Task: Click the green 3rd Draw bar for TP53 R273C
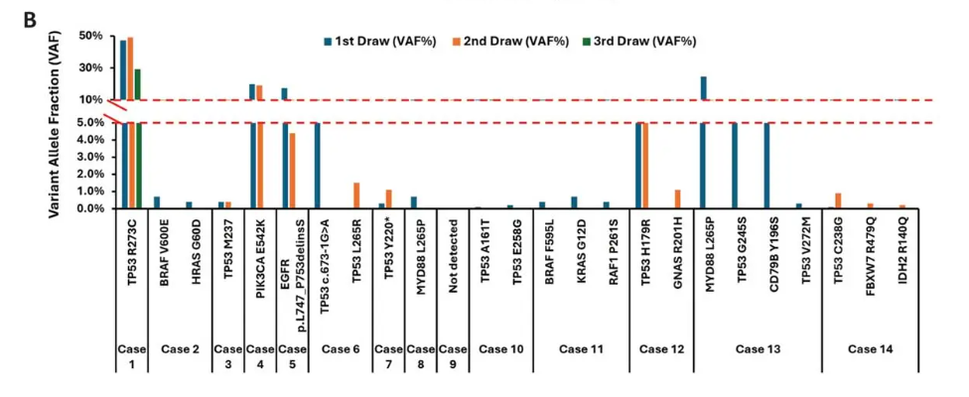tap(138, 139)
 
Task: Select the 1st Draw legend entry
tap(373, 41)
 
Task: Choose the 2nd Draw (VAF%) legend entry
tap(517, 41)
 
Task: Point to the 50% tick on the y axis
tap(90, 37)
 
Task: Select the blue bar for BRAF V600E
tap(157, 202)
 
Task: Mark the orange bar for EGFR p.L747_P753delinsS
tap(292, 171)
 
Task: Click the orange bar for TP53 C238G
tap(838, 200)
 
